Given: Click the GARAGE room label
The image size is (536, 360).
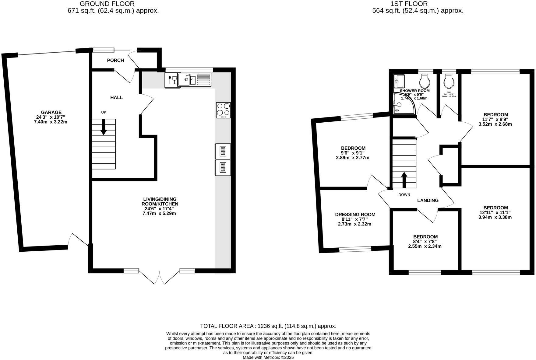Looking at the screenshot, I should point(51,112).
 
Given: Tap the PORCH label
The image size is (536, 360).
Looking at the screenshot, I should point(115,60).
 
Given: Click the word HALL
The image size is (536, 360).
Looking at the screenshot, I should point(116,97).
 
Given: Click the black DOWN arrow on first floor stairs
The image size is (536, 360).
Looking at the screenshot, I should point(404,180).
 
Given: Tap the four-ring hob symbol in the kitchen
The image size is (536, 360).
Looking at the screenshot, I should point(223,110).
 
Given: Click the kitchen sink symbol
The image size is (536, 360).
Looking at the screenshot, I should point(187,80).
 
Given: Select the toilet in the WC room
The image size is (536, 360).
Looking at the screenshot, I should point(449,81).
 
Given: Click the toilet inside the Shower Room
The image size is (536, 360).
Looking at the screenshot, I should point(425,81).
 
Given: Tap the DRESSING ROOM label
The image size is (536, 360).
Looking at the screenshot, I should point(355,215).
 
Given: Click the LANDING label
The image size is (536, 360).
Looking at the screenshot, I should point(428,200).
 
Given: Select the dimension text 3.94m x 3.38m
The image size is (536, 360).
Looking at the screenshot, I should point(495,217).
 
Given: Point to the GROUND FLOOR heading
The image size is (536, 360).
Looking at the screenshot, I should point(107,4).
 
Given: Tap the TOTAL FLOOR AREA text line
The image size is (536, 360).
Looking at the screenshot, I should point(268,326).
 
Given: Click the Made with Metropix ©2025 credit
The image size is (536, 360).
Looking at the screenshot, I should point(268,358).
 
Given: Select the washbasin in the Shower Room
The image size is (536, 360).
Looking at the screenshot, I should point(399,80).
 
